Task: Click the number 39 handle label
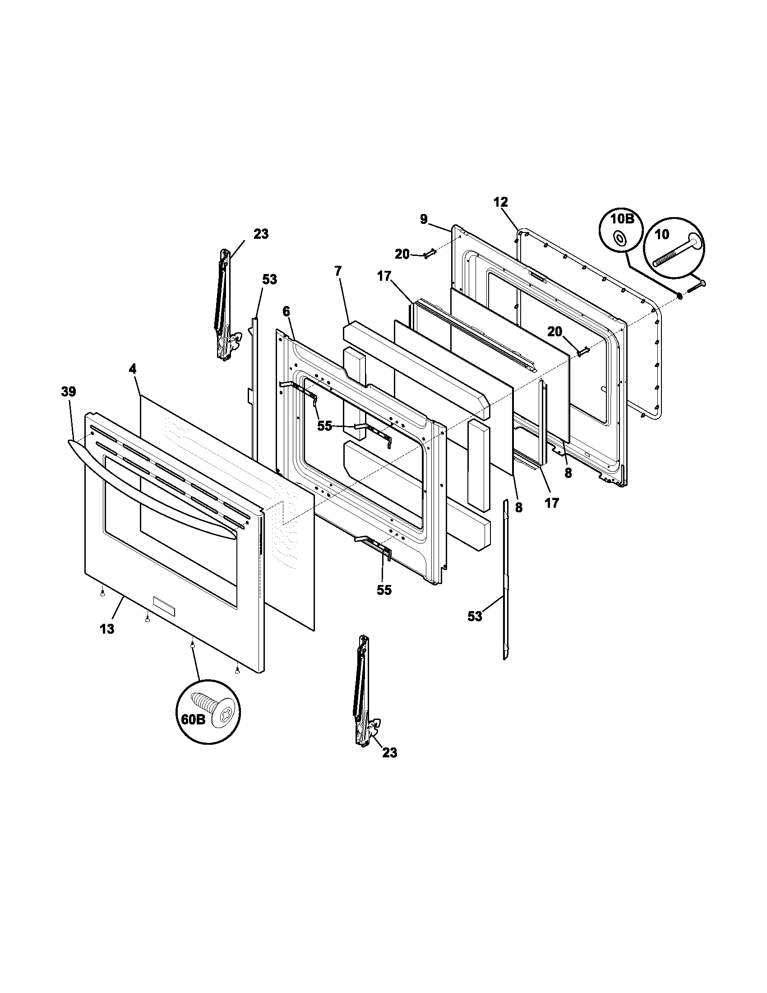click(x=69, y=392)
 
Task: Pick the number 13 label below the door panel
click(x=107, y=629)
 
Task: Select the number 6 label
click(x=286, y=311)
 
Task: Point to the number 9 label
click(x=424, y=219)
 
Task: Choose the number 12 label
click(x=500, y=202)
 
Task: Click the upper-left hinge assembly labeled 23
click(x=222, y=306)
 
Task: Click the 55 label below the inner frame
click(x=384, y=590)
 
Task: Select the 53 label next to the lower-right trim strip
click(x=474, y=617)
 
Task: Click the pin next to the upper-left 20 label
click(x=430, y=253)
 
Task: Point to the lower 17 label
click(x=552, y=503)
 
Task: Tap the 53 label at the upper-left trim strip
click(x=269, y=279)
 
